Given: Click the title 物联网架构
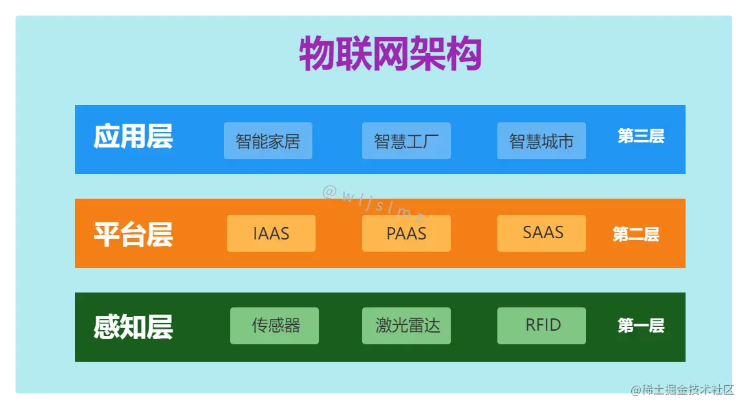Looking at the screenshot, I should point(390,53).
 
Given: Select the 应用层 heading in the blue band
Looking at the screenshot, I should point(133,137).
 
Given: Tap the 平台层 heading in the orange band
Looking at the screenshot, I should point(133,234).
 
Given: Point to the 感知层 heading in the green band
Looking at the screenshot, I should point(133,327).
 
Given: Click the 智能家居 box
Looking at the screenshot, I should point(268,141).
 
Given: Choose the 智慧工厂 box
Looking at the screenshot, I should point(406,141).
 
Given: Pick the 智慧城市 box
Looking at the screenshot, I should point(541,141).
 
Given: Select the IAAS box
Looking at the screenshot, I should point(271,234).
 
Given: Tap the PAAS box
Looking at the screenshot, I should point(406,234).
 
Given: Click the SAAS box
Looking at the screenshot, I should point(541,233).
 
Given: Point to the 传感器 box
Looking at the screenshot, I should point(274,326).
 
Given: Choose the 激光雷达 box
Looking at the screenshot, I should point(406,326).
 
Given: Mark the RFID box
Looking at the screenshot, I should point(541,326).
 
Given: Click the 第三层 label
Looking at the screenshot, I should point(640,137).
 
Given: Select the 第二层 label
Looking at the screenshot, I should point(636,234).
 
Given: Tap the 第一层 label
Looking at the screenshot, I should point(640,326).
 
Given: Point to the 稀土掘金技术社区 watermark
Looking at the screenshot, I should point(684,390).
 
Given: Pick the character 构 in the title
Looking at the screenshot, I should point(464,53).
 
